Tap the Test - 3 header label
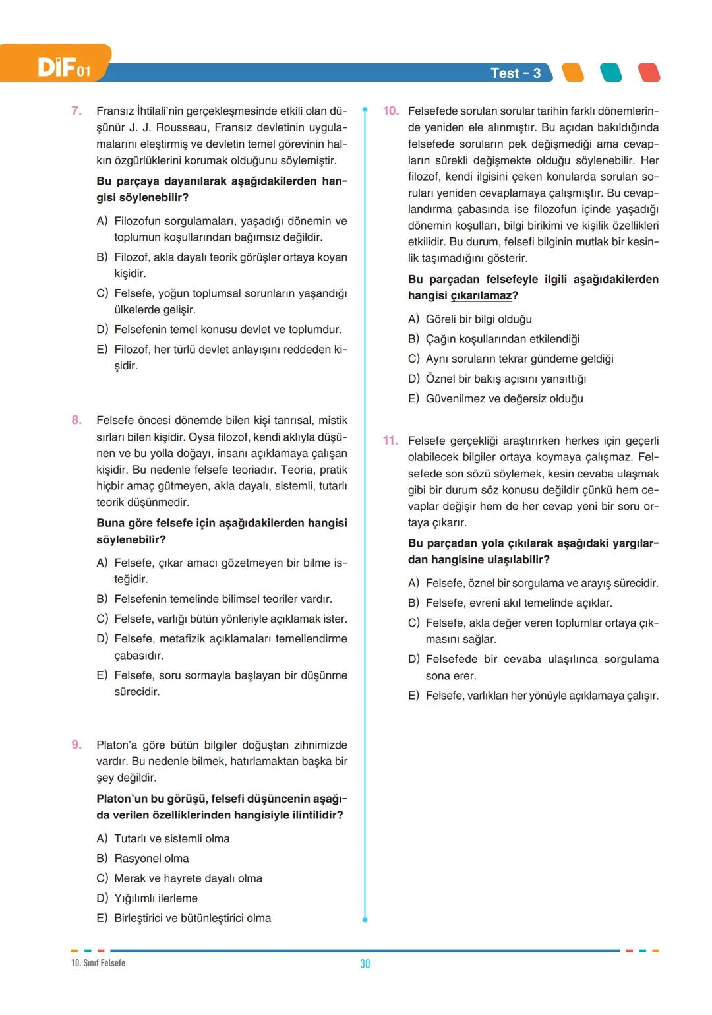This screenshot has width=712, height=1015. click(x=515, y=73)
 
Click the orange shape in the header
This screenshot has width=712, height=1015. click(x=572, y=73)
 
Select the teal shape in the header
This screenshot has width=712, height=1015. click(x=610, y=73)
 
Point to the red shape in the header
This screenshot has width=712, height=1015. click(x=649, y=73)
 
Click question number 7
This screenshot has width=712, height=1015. click(x=76, y=111)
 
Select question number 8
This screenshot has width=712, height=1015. click(x=76, y=420)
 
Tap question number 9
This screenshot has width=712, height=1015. click(x=76, y=745)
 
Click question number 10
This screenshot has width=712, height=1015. click(x=390, y=111)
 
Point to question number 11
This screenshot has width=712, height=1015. click(x=390, y=441)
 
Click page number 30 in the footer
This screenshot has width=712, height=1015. click(x=365, y=964)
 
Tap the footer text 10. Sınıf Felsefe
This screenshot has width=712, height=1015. click(x=98, y=963)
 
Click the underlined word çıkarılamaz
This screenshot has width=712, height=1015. click(x=481, y=296)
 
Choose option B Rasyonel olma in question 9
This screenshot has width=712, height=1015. click(x=151, y=859)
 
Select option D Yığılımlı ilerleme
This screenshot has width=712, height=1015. click(x=156, y=898)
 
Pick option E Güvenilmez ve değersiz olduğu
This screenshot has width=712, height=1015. click(x=504, y=399)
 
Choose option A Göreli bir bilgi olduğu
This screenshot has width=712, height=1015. click(x=478, y=319)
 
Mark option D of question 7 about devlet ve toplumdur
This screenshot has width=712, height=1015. click(x=227, y=330)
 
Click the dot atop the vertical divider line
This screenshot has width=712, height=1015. click(x=365, y=109)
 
